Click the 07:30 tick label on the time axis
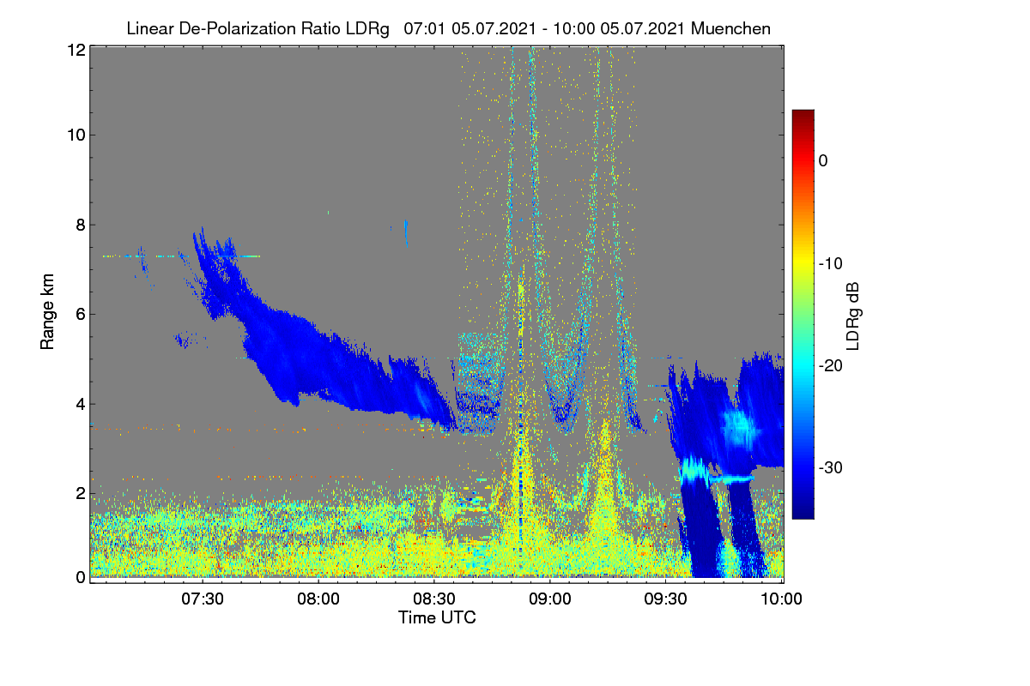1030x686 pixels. pyautogui.click(x=203, y=599)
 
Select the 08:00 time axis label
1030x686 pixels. pyautogui.click(x=318, y=599)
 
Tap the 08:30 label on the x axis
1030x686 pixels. pyautogui.click(x=434, y=599)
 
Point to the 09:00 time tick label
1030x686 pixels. pyautogui.click(x=550, y=599)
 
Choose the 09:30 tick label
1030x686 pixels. pyautogui.click(x=665, y=599)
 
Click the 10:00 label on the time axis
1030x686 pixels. pyautogui.click(x=781, y=599)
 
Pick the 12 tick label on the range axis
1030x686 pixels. pyautogui.click(x=76, y=50)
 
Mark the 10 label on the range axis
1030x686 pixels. pyautogui.click(x=76, y=135)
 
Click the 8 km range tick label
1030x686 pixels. pyautogui.click(x=81, y=226)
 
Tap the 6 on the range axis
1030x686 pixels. pyautogui.click(x=81, y=315)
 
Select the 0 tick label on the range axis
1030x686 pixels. pyautogui.click(x=81, y=578)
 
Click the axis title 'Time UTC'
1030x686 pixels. pyautogui.click(x=437, y=618)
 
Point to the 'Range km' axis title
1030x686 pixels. pyautogui.click(x=47, y=312)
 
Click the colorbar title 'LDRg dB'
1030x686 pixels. pyautogui.click(x=852, y=316)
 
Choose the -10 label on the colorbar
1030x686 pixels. pyautogui.click(x=831, y=264)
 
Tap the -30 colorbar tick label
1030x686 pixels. pyautogui.click(x=831, y=467)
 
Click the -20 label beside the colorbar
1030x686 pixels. pyautogui.click(x=831, y=366)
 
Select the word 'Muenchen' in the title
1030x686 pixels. pyautogui.click(x=730, y=29)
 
